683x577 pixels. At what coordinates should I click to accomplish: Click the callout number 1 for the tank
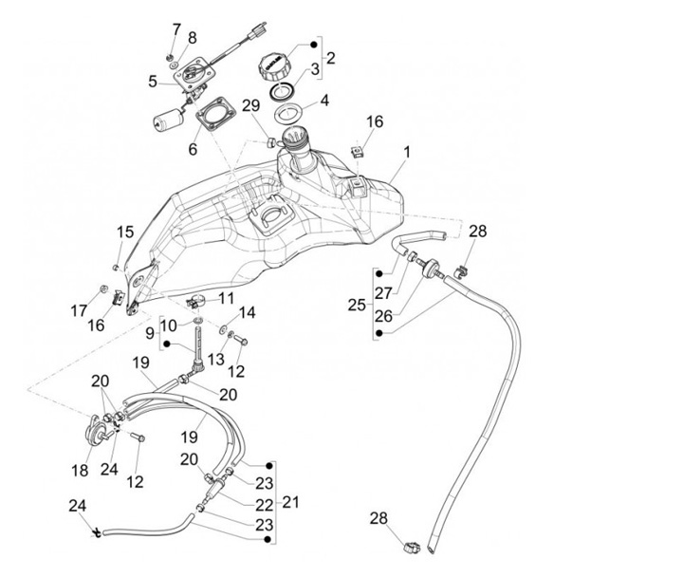click(407, 152)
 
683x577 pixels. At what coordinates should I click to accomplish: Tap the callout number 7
click(175, 29)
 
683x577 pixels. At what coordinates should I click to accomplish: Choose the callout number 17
click(77, 309)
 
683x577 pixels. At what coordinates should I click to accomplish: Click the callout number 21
click(291, 502)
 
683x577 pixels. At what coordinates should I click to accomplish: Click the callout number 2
click(330, 59)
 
